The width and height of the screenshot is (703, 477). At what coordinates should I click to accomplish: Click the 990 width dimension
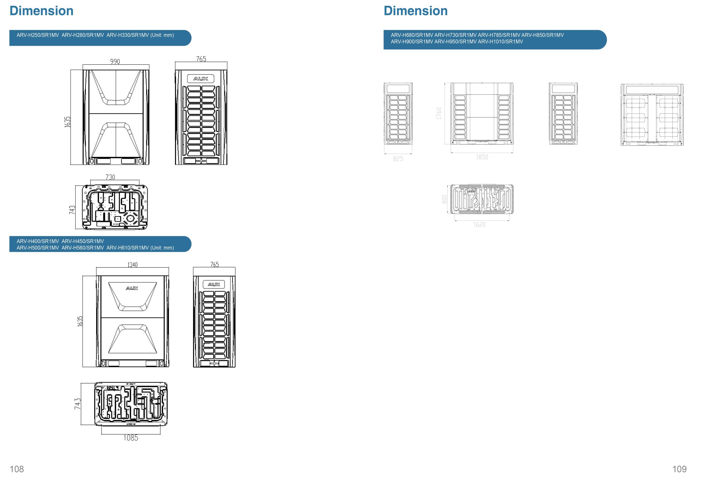click(x=115, y=62)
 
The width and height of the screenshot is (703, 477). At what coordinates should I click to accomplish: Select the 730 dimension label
click(x=110, y=177)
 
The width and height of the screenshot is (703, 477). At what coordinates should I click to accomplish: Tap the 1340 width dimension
click(x=132, y=265)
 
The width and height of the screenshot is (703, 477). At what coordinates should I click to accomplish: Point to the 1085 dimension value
click(x=131, y=438)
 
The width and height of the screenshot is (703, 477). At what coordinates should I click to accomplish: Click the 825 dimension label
click(x=398, y=159)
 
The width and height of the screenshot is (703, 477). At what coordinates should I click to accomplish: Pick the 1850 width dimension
click(x=482, y=157)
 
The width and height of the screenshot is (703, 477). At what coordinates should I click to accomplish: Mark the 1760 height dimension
click(x=439, y=113)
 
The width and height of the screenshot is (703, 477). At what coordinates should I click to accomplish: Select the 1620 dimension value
click(x=479, y=225)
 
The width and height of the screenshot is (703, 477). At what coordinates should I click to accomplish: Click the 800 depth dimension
click(x=444, y=199)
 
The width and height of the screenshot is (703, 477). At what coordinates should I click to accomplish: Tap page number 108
click(x=17, y=469)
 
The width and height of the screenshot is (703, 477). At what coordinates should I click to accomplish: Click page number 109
click(x=679, y=469)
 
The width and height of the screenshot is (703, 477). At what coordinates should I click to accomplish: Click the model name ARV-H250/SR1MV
click(x=38, y=35)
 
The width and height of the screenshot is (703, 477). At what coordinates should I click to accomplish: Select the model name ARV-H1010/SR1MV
click(x=500, y=42)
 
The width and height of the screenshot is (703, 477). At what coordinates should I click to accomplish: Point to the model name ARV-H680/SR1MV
click(x=412, y=35)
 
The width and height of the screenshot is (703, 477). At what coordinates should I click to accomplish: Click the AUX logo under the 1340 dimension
click(x=132, y=288)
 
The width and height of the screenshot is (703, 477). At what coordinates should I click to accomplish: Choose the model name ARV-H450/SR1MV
click(x=83, y=241)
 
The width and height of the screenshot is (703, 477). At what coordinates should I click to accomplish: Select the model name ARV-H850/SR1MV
click(x=543, y=35)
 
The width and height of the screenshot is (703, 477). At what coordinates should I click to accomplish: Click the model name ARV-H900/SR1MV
click(x=412, y=42)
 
